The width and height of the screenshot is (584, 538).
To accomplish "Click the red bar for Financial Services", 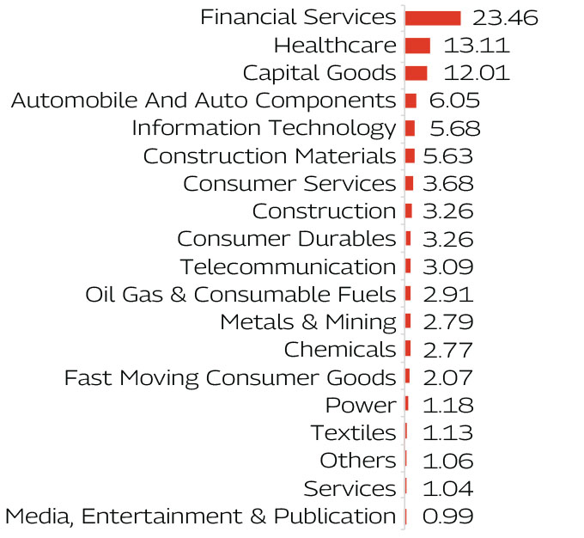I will [x=433, y=18].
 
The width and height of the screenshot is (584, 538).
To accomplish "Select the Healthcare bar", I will [x=417, y=46].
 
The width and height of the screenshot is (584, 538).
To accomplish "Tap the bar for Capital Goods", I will [x=416, y=73].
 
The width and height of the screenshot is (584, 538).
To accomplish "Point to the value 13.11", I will [x=477, y=46].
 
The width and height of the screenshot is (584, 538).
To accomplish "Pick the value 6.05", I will [x=454, y=101].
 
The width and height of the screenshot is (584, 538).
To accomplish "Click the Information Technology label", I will [x=264, y=128].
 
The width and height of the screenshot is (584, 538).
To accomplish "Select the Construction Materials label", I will [x=269, y=156].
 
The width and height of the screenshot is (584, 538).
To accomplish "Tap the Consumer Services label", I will [x=289, y=184].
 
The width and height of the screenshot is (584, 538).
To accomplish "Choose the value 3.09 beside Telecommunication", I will [x=447, y=266].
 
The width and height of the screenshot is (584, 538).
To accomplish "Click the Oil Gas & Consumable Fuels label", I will [x=240, y=294].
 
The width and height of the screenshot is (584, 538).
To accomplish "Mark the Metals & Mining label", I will [x=307, y=322].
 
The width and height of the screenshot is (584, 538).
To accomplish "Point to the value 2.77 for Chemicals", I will [x=447, y=350].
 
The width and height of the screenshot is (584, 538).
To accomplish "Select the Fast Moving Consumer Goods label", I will [x=230, y=377].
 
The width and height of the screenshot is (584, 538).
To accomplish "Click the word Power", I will [x=361, y=405].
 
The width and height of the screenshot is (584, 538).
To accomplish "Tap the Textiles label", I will [x=353, y=432].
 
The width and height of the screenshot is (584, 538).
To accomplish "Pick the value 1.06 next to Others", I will [x=447, y=461].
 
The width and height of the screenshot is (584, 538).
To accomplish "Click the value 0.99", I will [x=447, y=516].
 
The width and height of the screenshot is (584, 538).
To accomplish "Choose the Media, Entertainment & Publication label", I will [x=200, y=516].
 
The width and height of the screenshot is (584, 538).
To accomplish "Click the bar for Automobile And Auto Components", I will [x=411, y=101].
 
